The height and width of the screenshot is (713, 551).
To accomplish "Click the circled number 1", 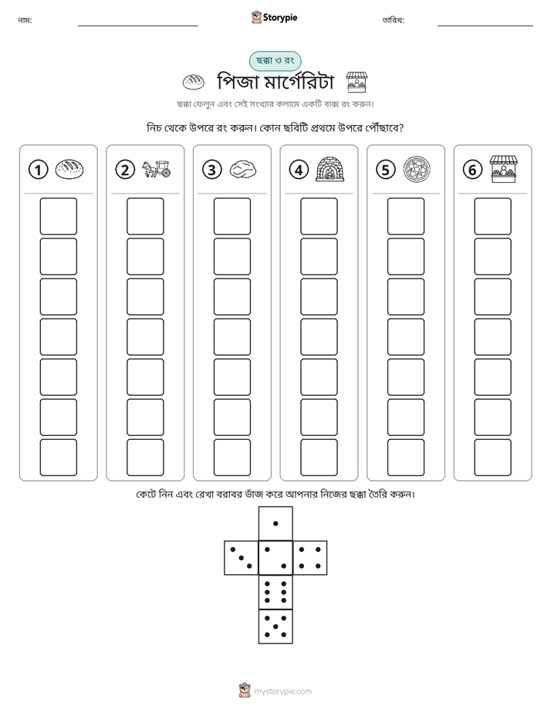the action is point(38,170).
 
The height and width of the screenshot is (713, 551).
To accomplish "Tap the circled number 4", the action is point(299,170).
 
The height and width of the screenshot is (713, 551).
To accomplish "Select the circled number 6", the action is point(472,170).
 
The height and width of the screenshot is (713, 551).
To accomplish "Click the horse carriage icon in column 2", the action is point(157,169).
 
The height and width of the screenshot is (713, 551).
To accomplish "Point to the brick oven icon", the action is point(330,169).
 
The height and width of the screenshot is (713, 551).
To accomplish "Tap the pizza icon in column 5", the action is point(417,169).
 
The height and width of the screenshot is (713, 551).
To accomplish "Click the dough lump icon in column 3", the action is point(243,170).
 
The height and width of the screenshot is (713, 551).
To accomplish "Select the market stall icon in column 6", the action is point(504,169).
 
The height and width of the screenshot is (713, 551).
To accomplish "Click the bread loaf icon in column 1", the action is point(69,169).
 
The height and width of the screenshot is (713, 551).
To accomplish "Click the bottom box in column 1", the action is point(58,458).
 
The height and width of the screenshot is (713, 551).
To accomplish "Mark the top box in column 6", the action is point(493,216).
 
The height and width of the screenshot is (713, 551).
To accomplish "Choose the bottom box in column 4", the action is point(319,458).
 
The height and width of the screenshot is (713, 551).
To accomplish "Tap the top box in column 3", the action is point(232,216).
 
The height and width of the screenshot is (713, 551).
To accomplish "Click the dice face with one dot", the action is point(275,523).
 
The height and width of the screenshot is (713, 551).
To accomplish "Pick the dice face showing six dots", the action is point(275,592).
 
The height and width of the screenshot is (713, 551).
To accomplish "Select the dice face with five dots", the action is point(275,627).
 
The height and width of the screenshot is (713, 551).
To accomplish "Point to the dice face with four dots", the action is point(310,557).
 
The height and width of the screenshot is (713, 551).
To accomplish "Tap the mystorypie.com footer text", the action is point(282,691).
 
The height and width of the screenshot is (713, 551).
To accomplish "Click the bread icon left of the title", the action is point(193,82).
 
